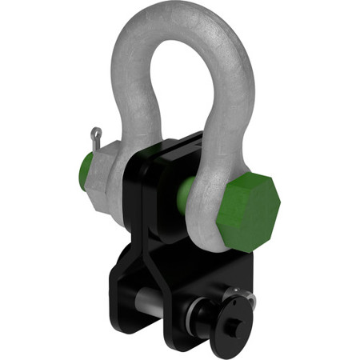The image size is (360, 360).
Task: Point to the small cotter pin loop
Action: point(96,132)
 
